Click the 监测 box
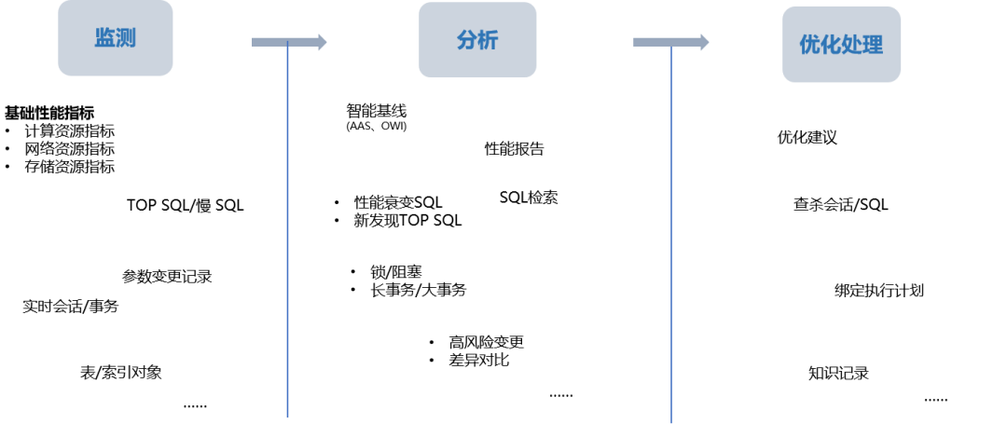pos(116,38)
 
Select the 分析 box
pos(477,40)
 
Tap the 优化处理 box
pos(841,45)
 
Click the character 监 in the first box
pos(104,38)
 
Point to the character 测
pos(126,38)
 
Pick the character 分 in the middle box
pos(466,40)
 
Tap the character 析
pos(488,40)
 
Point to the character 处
pos(851,45)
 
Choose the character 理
pos(873,45)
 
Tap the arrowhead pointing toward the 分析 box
pos(322,42)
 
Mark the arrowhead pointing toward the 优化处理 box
pos(704,42)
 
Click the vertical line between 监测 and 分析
pos(287,233)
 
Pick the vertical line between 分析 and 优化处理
pos(671,233)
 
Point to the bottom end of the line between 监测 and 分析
pos(287,417)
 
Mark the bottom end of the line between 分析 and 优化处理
pos(671,421)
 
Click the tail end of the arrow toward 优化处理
pos(637,42)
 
